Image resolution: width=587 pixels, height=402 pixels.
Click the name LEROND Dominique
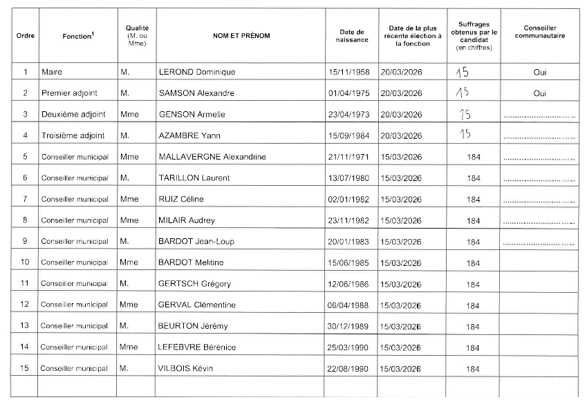coord(197,72)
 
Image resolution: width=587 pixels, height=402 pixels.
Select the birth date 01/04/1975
coord(348,93)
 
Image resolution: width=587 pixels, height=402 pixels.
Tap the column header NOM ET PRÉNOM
coord(241,35)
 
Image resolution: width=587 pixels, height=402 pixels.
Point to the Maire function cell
coord(52,72)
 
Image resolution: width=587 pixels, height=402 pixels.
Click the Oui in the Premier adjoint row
coord(540,93)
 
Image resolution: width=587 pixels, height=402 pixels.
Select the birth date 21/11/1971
coord(348,157)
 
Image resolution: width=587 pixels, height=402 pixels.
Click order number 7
coord(26,199)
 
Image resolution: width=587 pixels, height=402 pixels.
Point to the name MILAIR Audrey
coord(187,220)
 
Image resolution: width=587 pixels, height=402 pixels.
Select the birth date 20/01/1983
coord(348,242)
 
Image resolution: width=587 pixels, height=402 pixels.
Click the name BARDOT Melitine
coord(191,262)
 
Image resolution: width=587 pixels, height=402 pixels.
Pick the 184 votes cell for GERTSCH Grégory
coord(473,284)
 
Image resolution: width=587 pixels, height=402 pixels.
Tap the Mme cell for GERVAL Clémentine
coord(129,305)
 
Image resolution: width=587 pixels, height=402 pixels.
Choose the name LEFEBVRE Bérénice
coord(197,347)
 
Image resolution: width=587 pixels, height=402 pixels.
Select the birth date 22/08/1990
coord(348,369)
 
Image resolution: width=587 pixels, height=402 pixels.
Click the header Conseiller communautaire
coord(540,32)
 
